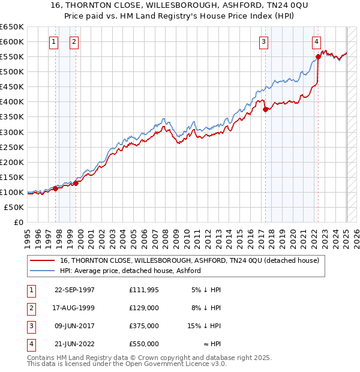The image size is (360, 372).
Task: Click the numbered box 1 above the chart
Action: tap(54, 42)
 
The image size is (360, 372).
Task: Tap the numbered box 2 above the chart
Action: tap(74, 42)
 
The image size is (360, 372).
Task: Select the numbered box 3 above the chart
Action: tap(263, 42)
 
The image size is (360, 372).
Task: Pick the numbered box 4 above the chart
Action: tap(316, 42)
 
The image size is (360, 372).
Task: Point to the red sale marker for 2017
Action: tap(265, 109)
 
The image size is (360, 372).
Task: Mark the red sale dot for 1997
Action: tap(56, 188)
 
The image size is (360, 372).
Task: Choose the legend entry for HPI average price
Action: tap(130, 271)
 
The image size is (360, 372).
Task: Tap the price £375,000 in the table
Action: tap(143, 327)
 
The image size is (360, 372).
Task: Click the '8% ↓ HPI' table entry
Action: tap(205, 308)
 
